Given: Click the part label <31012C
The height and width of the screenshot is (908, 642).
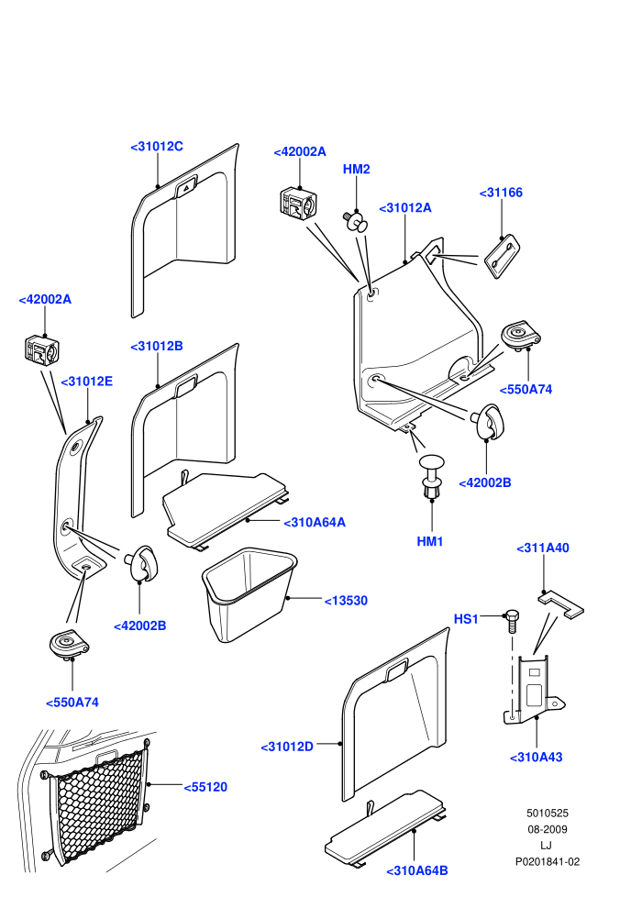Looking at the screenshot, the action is (x=157, y=147).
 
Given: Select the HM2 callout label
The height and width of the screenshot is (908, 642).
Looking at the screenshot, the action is (x=356, y=169).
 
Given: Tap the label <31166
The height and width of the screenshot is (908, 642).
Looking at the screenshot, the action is (x=501, y=193).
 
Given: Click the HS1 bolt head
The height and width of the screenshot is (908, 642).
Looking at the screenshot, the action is (x=512, y=615).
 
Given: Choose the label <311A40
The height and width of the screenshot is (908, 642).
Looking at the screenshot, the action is (x=542, y=548).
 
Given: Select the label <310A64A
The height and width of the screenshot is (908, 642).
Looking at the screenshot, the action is (x=315, y=523).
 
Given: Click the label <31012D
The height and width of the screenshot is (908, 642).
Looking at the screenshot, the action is (x=287, y=747).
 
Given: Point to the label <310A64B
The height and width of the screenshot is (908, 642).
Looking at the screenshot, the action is (x=416, y=871).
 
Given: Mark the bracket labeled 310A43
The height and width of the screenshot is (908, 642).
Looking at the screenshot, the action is (x=533, y=689).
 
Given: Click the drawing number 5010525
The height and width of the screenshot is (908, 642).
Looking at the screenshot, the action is (x=547, y=813).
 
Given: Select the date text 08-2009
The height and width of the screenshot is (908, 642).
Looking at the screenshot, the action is (x=547, y=829).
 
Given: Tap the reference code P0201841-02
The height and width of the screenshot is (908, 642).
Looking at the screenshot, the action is (x=547, y=861).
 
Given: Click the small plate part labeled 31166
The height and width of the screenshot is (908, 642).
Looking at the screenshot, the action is (x=502, y=257).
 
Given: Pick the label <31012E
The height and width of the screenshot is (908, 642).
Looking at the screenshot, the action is (x=87, y=382).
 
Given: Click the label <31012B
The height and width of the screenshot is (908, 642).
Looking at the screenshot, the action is (x=157, y=347).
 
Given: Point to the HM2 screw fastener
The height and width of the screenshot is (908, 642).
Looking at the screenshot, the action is (x=356, y=221).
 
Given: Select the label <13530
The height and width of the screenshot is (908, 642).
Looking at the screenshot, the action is (x=346, y=601).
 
